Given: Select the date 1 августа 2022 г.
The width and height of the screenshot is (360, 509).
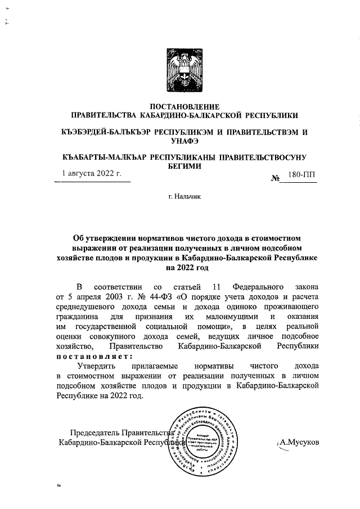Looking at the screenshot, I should point(92,174).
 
